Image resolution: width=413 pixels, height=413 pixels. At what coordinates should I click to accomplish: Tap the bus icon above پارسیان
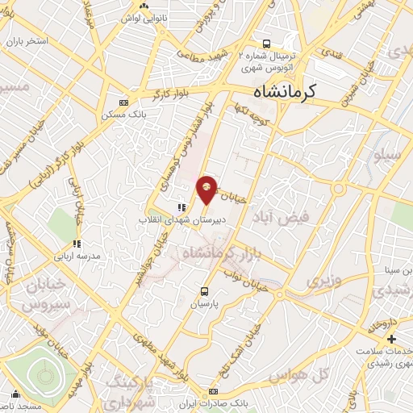point(203,291)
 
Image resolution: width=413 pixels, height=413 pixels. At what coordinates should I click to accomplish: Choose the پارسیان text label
point(204,305)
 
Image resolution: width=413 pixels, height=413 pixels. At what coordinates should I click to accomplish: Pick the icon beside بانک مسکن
point(123,102)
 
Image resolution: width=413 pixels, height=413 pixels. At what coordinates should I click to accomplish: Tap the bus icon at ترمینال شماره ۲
point(266,44)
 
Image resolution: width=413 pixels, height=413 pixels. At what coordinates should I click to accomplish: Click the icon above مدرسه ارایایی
point(76,243)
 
